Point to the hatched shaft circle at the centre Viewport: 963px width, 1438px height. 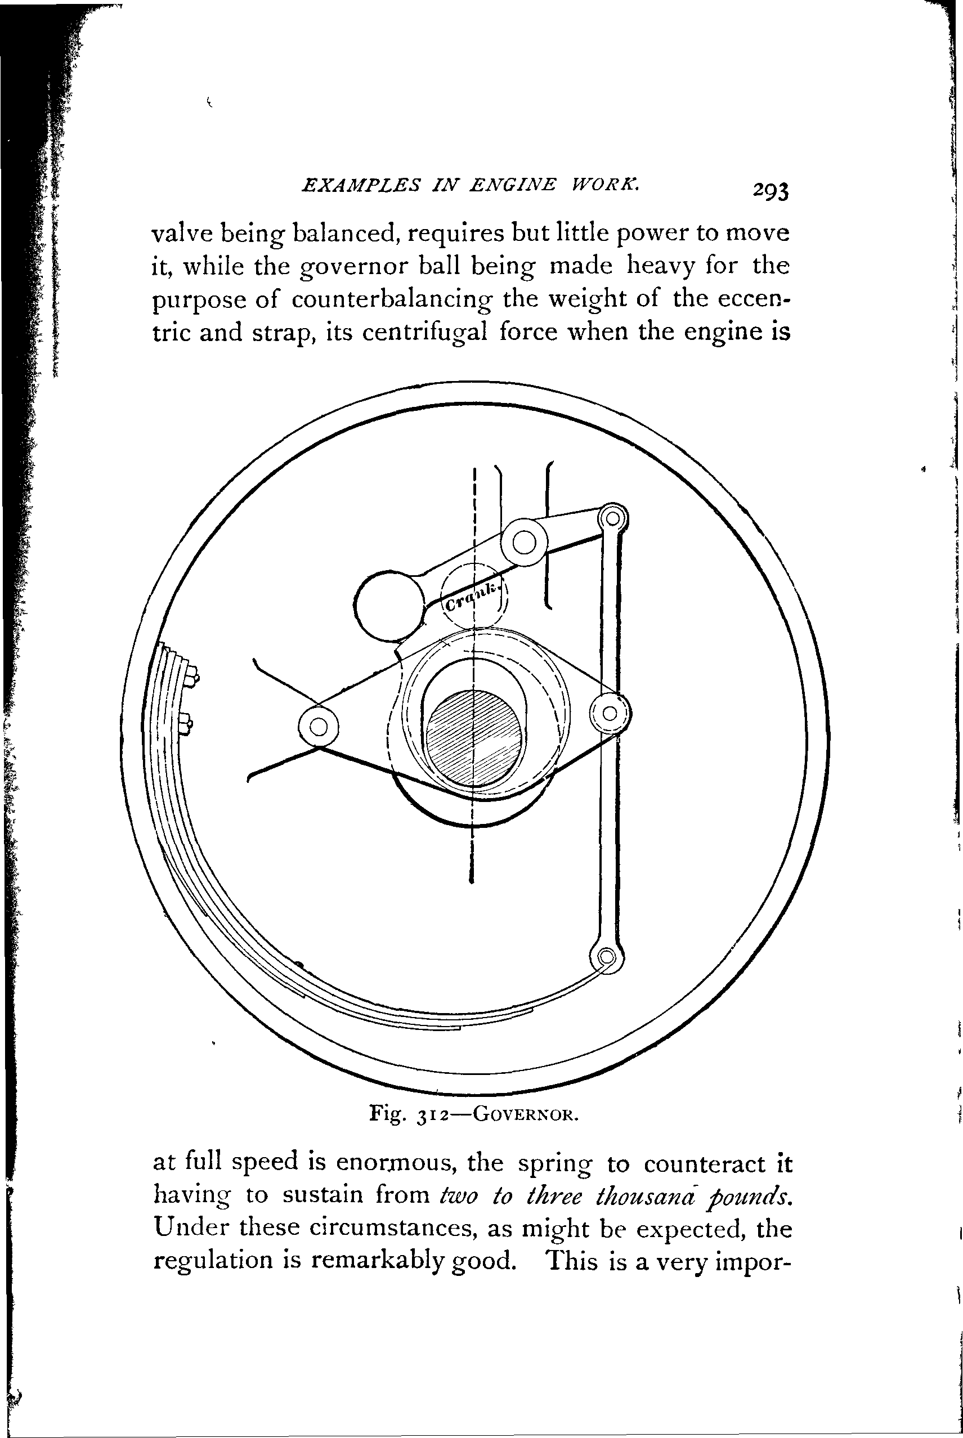click(x=476, y=736)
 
